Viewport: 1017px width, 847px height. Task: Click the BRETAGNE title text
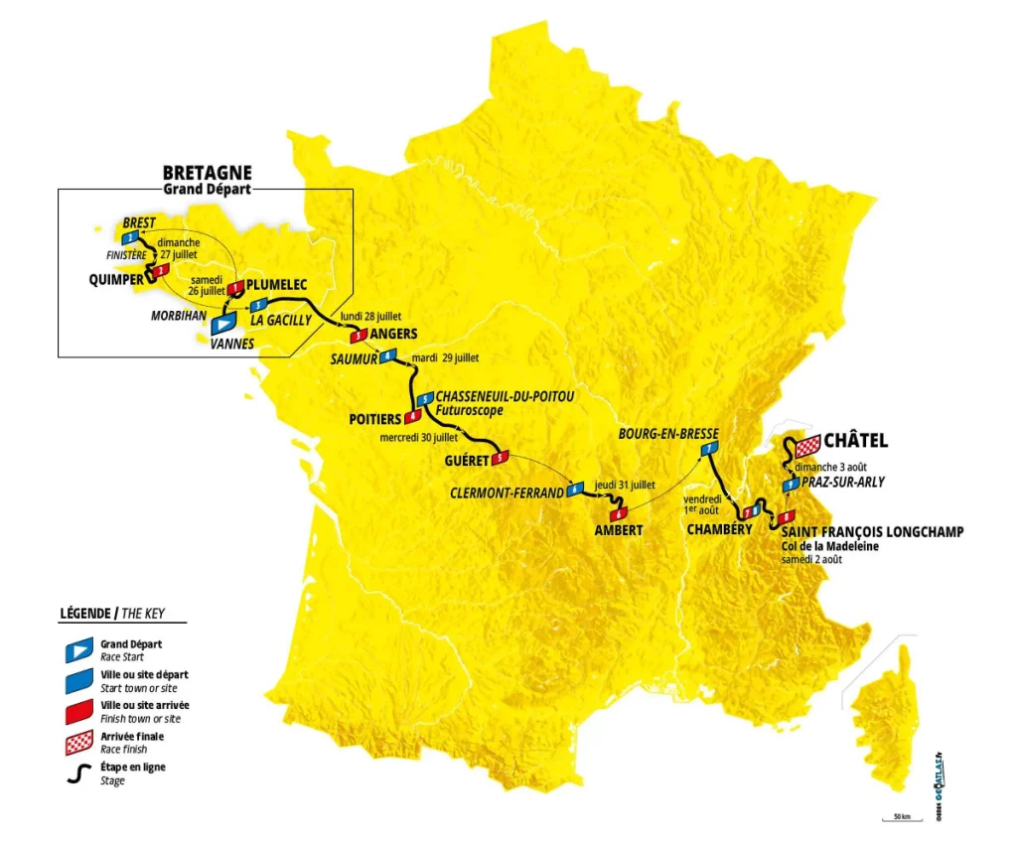(208, 172)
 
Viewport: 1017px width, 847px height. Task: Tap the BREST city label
(140, 222)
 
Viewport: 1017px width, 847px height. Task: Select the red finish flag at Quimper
(159, 270)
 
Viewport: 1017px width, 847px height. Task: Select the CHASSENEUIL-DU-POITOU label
(505, 396)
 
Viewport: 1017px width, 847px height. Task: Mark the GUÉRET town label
(468, 461)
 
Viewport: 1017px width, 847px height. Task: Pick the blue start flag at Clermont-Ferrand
(574, 491)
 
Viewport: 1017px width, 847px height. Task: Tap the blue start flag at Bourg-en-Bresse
(707, 450)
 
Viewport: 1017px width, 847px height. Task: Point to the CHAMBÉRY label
(719, 530)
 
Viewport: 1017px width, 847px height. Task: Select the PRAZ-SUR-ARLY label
(843, 483)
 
